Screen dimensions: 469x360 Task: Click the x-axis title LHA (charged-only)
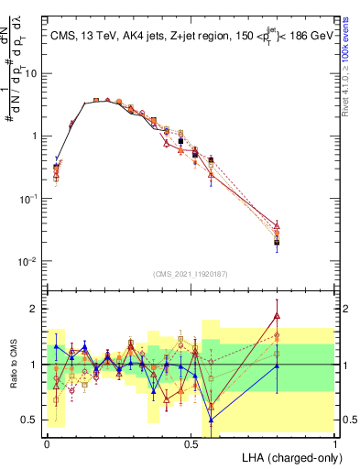[x=289, y=455]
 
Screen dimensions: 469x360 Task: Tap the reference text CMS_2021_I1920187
[x=191, y=273]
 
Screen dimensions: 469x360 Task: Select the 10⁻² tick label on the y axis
[x=27, y=261]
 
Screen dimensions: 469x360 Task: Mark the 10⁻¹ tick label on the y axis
[x=27, y=199]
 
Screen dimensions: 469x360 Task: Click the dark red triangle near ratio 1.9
[x=277, y=315]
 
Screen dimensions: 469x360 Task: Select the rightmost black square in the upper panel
[x=277, y=243]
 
